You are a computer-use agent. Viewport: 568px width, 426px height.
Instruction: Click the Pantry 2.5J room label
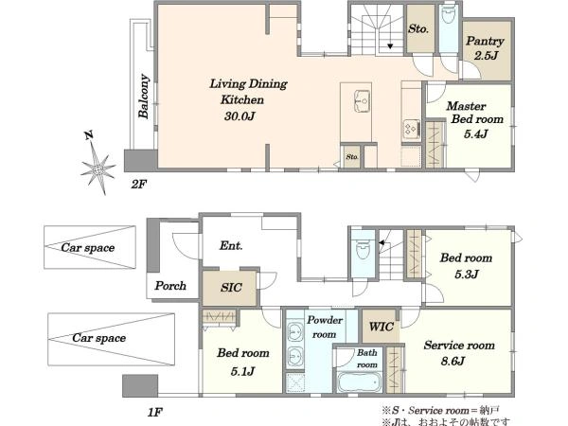[485, 47]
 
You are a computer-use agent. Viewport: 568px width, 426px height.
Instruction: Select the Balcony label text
[144, 97]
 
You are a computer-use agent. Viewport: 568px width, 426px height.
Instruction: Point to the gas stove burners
[412, 129]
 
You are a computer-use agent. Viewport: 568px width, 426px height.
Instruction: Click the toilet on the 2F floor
[449, 15]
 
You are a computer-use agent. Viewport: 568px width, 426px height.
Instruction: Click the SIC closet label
[231, 288]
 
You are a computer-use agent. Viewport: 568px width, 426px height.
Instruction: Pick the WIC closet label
[382, 327]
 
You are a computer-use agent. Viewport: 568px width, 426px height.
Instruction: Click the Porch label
[170, 286]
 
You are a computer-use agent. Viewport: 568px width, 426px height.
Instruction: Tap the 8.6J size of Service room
[453, 362]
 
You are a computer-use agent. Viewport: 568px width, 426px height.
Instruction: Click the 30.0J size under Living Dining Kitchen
[240, 115]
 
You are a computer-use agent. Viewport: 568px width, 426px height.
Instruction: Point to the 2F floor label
[138, 185]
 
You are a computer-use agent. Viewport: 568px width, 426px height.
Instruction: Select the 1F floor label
[155, 412]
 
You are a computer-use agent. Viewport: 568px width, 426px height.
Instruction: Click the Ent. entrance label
[231, 245]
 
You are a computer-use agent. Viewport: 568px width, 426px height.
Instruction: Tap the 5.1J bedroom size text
[242, 371]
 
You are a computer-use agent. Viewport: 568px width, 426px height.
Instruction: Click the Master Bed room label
[474, 113]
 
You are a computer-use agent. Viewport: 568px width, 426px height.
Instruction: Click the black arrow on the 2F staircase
[390, 46]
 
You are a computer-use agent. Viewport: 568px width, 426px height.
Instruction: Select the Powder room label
[325, 328]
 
